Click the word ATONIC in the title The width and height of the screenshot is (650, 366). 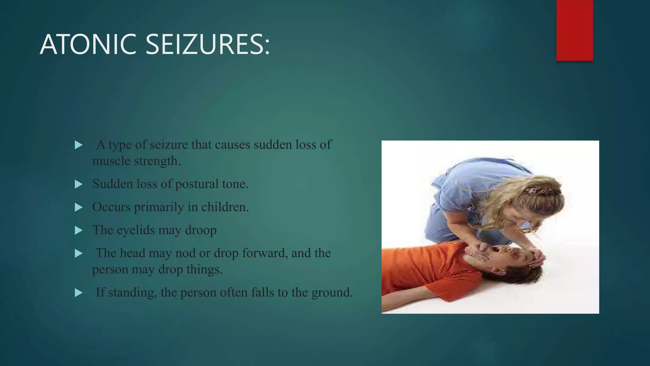pos(88,44)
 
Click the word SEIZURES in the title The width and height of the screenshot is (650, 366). pos(208,44)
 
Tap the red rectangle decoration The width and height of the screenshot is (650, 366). pos(574,30)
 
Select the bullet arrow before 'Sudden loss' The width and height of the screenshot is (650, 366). pos(78,184)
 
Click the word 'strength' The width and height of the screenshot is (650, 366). pos(157,161)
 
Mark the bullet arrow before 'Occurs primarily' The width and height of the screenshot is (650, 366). pos(78,207)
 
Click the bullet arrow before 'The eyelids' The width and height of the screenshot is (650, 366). pos(78,230)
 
